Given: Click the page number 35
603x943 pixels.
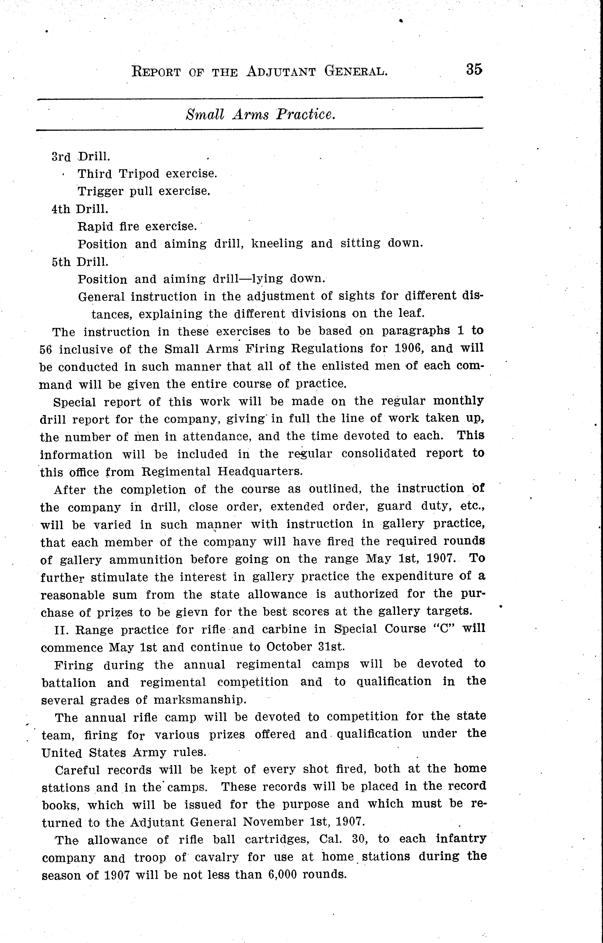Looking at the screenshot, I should coord(474,70).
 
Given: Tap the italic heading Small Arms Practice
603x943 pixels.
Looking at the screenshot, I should coord(261,114).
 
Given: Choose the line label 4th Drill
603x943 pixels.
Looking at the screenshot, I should coord(80,209).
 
